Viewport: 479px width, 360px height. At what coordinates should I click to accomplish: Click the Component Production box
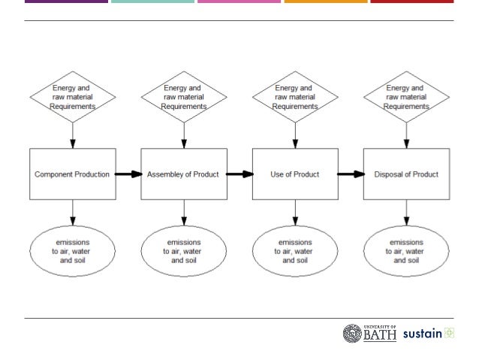(x=72, y=174)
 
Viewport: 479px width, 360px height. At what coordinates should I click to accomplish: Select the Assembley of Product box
(x=183, y=174)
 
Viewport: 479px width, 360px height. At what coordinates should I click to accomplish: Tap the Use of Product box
(x=294, y=174)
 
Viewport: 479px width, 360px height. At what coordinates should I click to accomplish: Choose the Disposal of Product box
(x=406, y=174)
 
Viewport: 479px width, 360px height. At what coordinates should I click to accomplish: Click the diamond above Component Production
(x=73, y=97)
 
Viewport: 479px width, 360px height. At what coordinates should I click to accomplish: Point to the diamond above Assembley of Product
(x=184, y=97)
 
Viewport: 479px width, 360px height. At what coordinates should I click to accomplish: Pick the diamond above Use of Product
(x=295, y=97)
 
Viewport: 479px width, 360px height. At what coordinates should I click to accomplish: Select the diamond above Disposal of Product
(x=407, y=97)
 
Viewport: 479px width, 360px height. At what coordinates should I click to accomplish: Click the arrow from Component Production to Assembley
(x=128, y=174)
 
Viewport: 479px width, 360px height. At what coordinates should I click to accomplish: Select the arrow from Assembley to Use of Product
(x=239, y=174)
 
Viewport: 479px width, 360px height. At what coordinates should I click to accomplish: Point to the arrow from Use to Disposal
(x=351, y=174)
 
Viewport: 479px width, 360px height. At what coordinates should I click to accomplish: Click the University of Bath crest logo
(x=353, y=334)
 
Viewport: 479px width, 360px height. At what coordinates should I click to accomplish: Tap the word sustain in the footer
(x=422, y=334)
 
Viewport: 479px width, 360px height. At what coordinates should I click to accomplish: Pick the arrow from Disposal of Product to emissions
(x=407, y=211)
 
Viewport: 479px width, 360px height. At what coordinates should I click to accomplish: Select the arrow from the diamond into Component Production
(x=73, y=134)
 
